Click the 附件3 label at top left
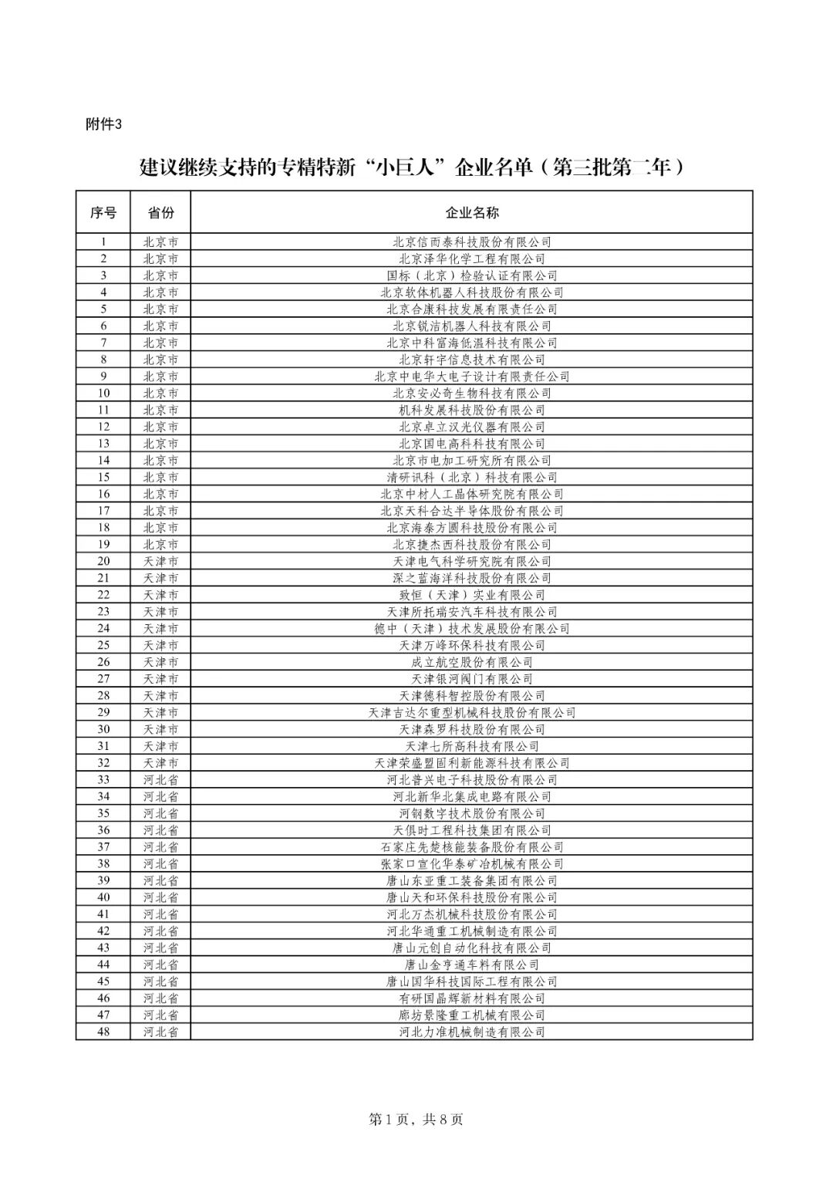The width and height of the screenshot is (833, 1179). click(x=103, y=125)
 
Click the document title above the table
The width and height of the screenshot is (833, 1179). click(x=413, y=167)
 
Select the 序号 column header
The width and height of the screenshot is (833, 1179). click(x=103, y=212)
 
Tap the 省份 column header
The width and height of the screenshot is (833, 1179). click(x=160, y=212)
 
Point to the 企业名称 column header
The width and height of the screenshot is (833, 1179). click(x=471, y=212)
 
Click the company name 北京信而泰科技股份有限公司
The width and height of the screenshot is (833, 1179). click(x=471, y=242)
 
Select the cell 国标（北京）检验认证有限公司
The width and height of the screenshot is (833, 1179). click(x=471, y=275)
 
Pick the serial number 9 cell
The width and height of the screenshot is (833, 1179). click(x=103, y=377)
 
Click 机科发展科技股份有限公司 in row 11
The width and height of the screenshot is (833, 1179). click(x=471, y=410)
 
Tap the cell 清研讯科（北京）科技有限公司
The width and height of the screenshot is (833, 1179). click(x=471, y=477)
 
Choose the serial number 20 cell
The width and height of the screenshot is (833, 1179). click(x=103, y=561)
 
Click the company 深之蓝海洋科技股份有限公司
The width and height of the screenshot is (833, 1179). click(x=471, y=578)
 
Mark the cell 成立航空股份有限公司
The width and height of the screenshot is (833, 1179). click(x=471, y=662)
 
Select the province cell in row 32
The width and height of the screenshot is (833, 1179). click(x=160, y=763)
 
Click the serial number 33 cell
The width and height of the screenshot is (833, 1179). click(x=103, y=780)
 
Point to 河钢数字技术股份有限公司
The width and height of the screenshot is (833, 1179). click(x=471, y=813)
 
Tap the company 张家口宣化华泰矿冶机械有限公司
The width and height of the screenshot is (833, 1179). click(x=471, y=863)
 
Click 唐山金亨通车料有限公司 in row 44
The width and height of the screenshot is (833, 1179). click(x=471, y=964)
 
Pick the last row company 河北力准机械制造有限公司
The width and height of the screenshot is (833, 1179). click(x=471, y=1032)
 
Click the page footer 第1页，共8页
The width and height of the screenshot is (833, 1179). click(x=416, y=1120)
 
